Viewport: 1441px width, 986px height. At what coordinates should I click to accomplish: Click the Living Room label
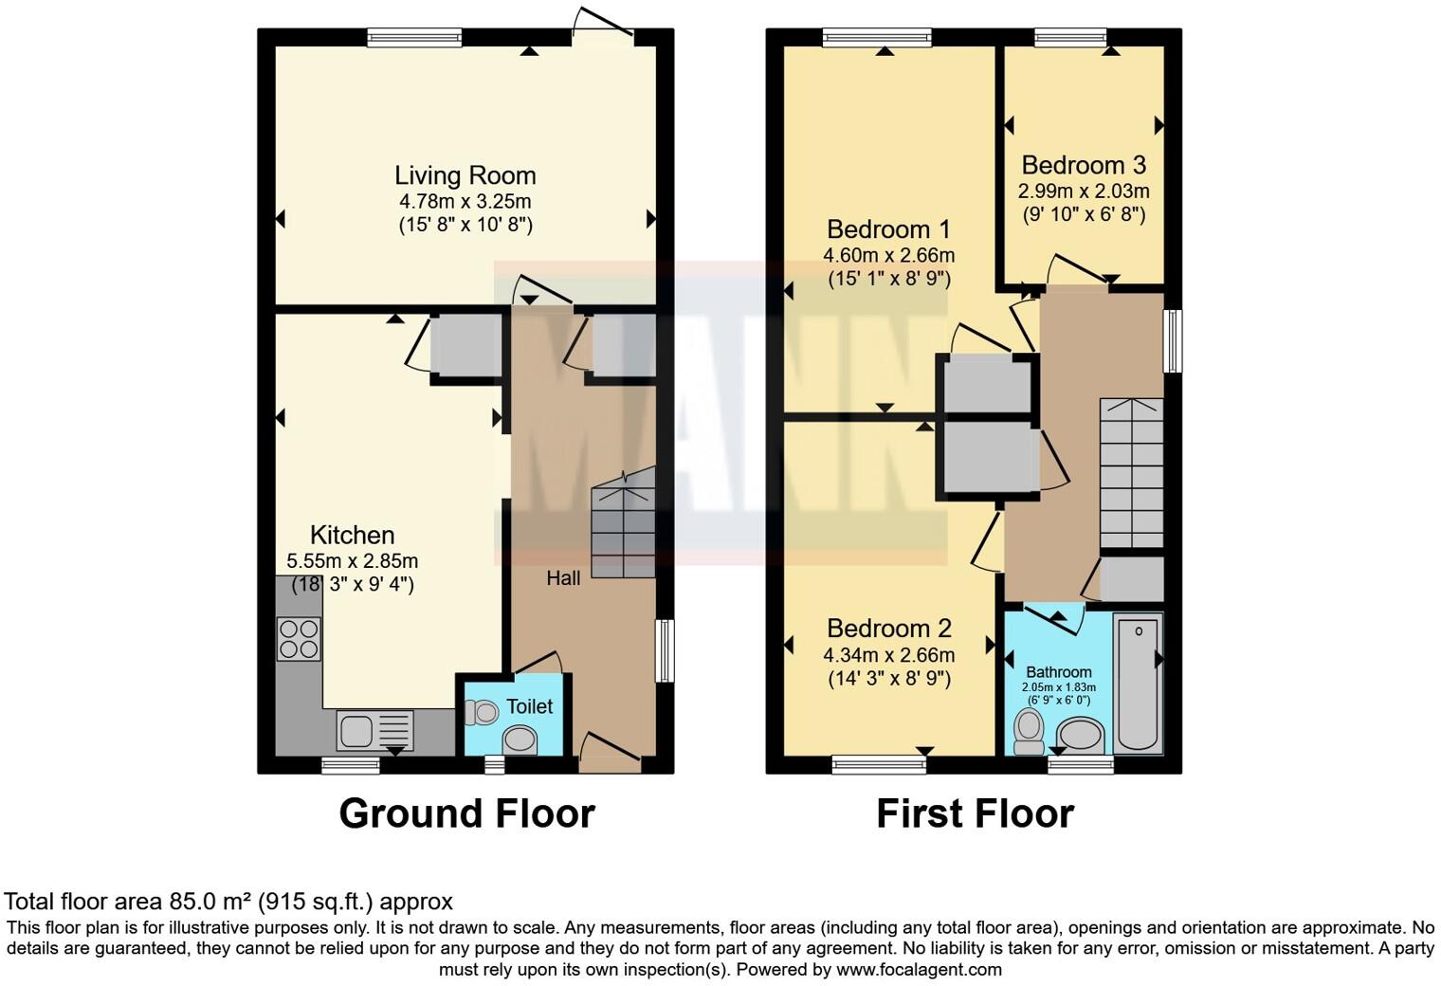[465, 175]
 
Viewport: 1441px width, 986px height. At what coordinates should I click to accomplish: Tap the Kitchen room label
[352, 535]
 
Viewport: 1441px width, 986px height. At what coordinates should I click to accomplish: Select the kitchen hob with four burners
[299, 638]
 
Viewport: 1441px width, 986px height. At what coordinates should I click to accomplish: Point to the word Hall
[563, 577]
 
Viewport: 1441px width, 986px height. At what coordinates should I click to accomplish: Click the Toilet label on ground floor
[529, 706]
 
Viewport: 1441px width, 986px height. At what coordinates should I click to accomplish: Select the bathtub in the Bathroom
[1138, 683]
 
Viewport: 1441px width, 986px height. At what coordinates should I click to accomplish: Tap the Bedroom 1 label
[888, 229]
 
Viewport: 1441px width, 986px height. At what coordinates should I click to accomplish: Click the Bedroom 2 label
[888, 629]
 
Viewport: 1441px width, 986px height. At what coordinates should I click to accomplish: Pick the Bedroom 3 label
[1084, 165]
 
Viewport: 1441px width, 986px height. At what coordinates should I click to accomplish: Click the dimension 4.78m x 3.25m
[465, 201]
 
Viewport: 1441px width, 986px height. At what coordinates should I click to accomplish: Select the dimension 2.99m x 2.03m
[1084, 191]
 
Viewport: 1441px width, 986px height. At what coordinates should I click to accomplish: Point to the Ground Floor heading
[466, 813]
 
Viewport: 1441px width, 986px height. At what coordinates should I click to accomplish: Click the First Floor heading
[975, 813]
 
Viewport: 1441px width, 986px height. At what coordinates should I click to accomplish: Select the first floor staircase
[1131, 474]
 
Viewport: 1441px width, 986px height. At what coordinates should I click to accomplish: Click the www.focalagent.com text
[919, 969]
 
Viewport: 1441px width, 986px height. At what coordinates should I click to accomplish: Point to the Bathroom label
[1059, 672]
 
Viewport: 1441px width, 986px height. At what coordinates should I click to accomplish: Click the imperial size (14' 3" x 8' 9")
[888, 679]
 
